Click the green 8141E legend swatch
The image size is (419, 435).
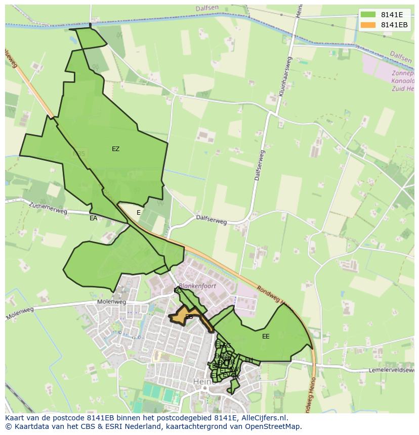[x=368, y=15]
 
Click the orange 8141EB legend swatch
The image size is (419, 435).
[x=368, y=25]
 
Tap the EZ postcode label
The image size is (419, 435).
[x=116, y=149]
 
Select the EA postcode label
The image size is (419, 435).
[x=93, y=218]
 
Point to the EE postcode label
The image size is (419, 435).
[x=266, y=336]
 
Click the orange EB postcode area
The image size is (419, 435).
[x=185, y=317]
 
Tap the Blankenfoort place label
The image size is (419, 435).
[x=198, y=286]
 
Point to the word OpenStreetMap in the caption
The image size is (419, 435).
[x=274, y=426]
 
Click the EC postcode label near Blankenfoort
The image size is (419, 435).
[x=177, y=291]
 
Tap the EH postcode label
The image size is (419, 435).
[x=248, y=360]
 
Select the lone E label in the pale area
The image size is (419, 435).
[x=139, y=213]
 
